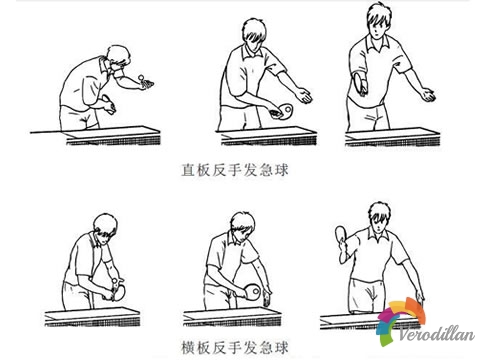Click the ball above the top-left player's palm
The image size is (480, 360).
pos(142,78)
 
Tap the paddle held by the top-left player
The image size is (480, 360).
pos(108,103)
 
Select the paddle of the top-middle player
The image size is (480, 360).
pos(286,109)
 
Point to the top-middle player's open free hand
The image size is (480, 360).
pos(303,96)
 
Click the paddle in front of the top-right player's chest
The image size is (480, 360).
pos(361,83)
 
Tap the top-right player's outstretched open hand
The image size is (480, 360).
pos(427,94)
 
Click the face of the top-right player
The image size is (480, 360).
pos(376,29)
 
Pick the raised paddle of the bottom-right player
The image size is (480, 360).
pos(342,234)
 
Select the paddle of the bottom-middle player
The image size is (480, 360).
pos(252,291)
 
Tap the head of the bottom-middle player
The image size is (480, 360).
pos(243,225)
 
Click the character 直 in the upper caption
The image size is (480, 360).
pos(188,170)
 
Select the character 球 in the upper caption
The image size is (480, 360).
pos(280,170)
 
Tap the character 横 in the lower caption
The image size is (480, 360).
pos(188,348)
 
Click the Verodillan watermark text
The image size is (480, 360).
pos(437,334)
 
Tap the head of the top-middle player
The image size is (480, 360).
pos(254,33)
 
